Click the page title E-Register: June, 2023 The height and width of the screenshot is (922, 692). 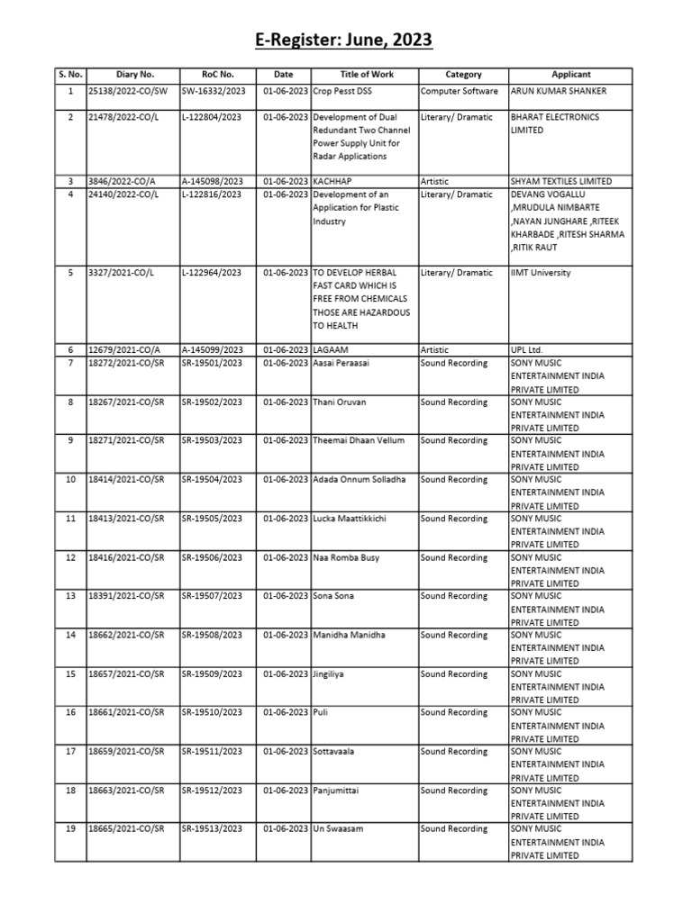click(x=345, y=41)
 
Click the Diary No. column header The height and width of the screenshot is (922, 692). click(x=135, y=75)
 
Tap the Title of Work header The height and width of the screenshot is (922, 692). click(x=366, y=75)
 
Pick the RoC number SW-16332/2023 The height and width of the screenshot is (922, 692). click(x=213, y=92)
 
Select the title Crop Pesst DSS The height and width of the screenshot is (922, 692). click(x=346, y=92)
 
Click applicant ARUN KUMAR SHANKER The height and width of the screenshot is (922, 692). click(x=558, y=92)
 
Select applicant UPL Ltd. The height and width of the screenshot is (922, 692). click(x=527, y=350)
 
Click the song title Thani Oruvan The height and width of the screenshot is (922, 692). click(x=340, y=402)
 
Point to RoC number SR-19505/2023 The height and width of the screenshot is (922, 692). click(x=212, y=519)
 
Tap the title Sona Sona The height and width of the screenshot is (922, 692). click(x=335, y=596)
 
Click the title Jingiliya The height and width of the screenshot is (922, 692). click(x=332, y=674)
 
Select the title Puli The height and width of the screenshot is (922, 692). click(x=320, y=713)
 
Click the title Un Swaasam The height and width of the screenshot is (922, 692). click(x=338, y=829)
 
